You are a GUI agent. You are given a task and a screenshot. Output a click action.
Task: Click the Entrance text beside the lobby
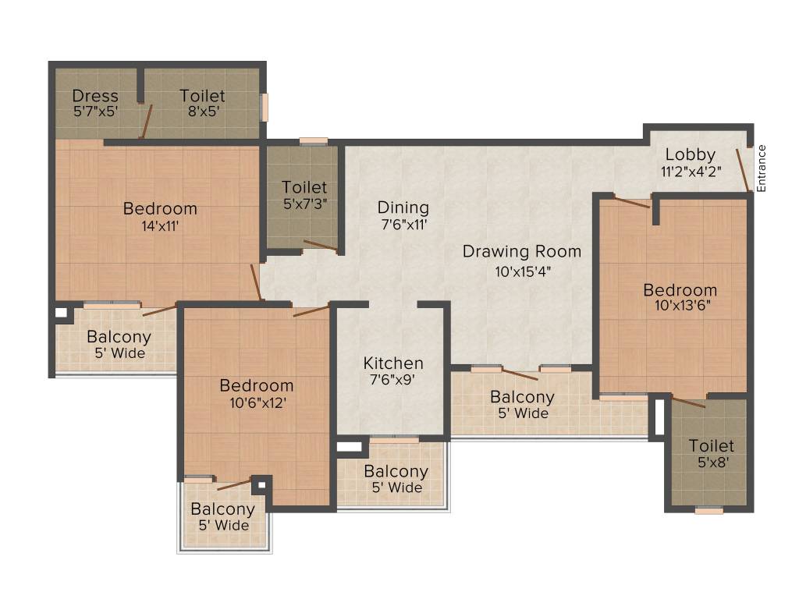click(762, 168)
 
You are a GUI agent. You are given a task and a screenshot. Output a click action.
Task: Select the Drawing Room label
click(521, 252)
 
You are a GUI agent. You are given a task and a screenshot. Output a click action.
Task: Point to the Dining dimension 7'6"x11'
click(403, 224)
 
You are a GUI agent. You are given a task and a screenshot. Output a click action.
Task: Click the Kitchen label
click(393, 363)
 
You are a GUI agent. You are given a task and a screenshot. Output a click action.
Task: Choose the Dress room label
click(95, 96)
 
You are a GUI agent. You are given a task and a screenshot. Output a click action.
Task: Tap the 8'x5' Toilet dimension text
click(202, 111)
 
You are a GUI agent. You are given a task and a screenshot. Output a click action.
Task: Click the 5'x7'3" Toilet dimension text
click(304, 204)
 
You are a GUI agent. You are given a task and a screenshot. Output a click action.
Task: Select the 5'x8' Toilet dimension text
click(711, 462)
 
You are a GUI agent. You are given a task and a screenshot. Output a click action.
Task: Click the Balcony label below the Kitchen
click(396, 472)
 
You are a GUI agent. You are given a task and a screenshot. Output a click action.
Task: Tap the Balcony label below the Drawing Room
click(522, 397)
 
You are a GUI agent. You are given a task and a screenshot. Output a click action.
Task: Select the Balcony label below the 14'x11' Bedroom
click(119, 338)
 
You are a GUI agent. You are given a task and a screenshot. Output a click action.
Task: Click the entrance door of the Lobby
click(743, 168)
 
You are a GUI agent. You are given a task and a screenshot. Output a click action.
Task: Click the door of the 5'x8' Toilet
click(689, 402)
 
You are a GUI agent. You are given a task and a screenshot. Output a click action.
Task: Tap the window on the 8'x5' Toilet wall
click(264, 108)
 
